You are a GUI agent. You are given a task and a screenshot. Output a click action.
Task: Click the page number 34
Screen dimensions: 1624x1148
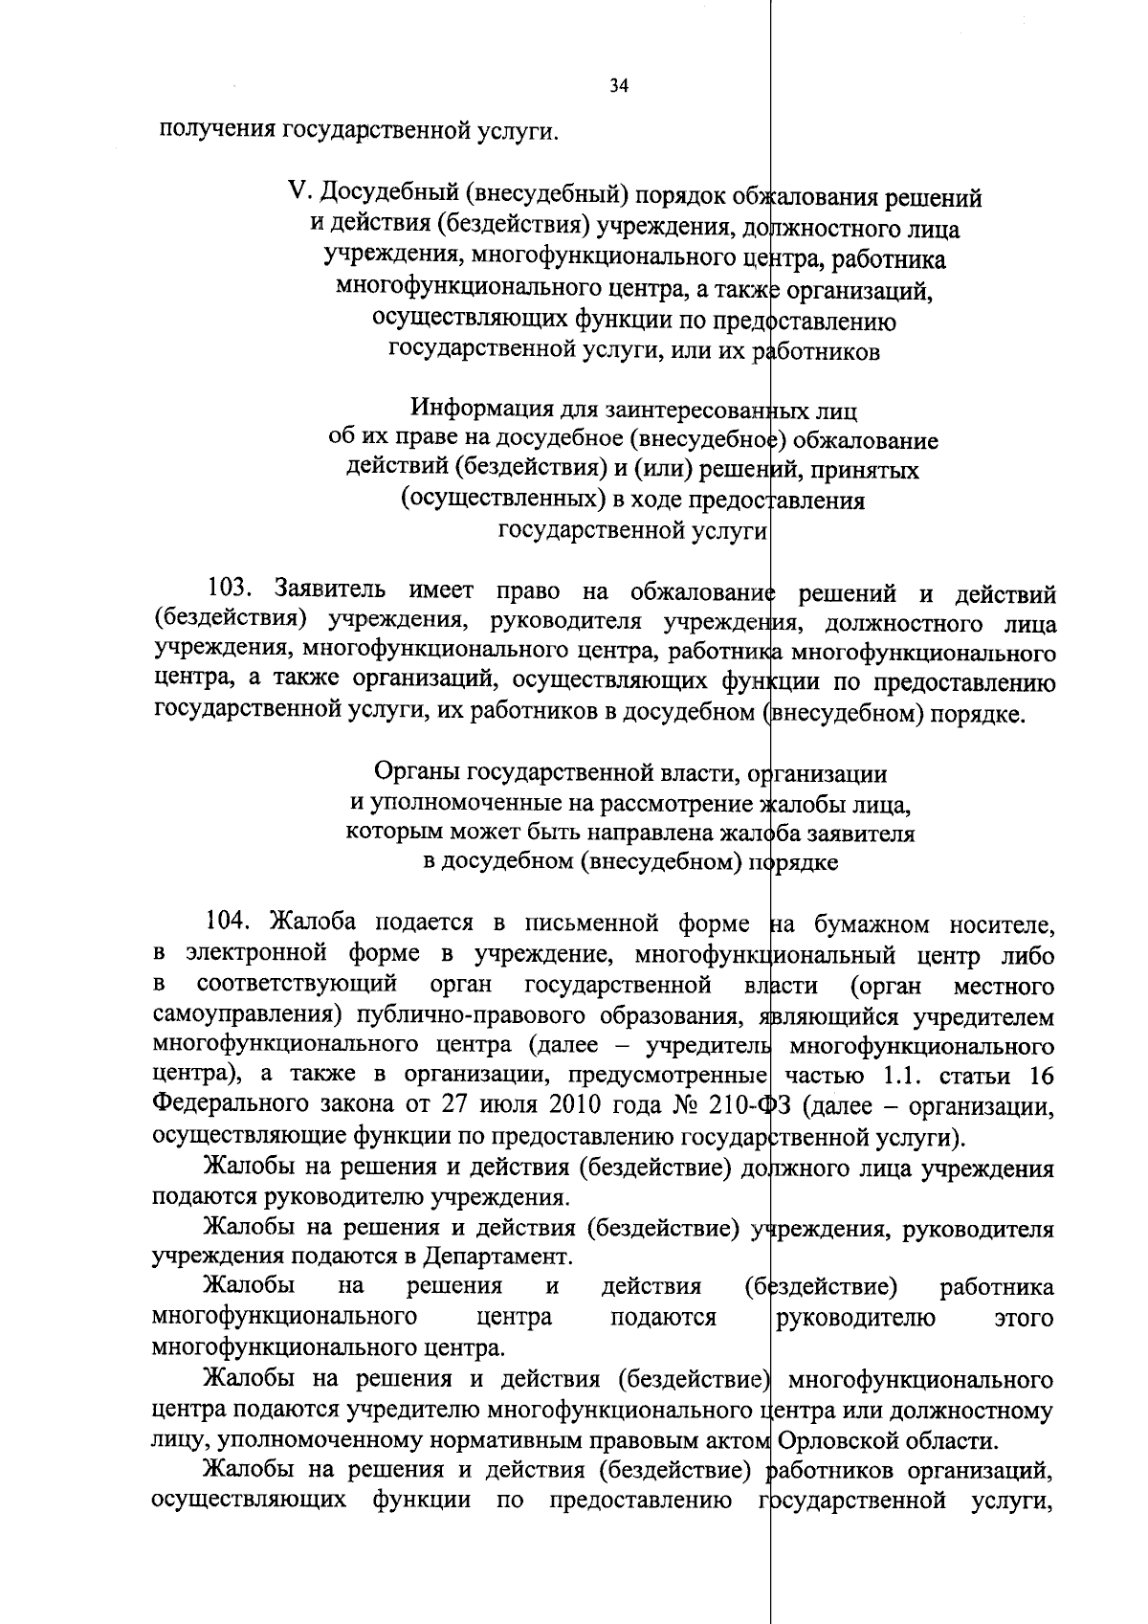point(619,87)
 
